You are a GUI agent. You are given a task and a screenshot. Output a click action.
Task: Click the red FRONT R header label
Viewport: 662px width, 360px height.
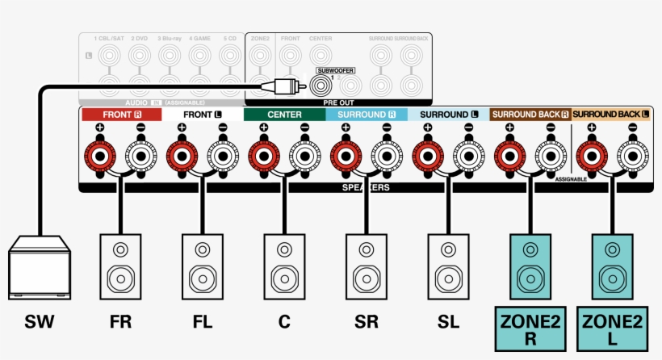[121, 115]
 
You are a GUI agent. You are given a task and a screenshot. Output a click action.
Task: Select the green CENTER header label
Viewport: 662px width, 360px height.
[284, 115]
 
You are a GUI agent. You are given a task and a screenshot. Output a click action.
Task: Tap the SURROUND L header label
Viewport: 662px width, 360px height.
[449, 115]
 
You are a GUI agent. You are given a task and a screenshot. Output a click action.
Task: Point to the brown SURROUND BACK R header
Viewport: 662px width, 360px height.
[530, 115]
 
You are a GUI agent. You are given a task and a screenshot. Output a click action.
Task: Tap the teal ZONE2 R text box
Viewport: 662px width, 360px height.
[530, 330]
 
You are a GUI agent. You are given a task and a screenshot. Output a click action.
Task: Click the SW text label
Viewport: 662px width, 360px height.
[39, 322]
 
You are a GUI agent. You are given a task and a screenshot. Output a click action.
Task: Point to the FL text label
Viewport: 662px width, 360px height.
[203, 322]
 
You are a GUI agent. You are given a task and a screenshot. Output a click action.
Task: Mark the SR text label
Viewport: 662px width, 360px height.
[366, 322]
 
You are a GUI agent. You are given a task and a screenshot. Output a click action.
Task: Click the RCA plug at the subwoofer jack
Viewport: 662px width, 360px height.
[287, 83]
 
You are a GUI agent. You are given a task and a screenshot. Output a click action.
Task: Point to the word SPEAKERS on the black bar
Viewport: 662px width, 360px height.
[367, 187]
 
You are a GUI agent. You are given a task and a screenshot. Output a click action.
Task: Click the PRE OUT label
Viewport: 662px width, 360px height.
[339, 103]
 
